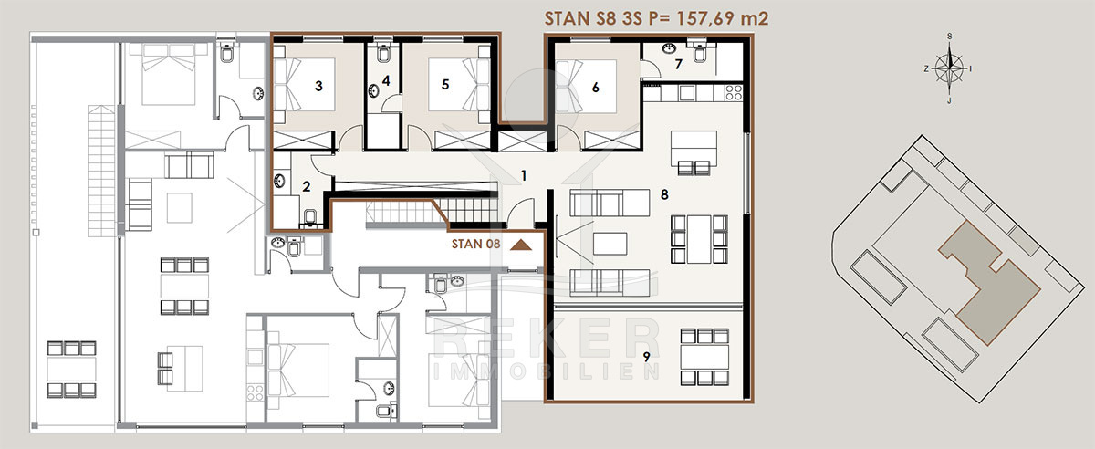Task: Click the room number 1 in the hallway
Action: click(524, 175)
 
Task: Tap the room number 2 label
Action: click(307, 186)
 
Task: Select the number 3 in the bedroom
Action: click(318, 86)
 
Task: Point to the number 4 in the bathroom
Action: click(386, 80)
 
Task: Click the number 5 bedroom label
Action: click(445, 85)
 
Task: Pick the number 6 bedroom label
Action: click(595, 88)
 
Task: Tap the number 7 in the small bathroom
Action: click(679, 64)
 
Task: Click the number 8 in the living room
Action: click(664, 194)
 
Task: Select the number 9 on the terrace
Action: click(647, 357)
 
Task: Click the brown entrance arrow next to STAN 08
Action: click(521, 245)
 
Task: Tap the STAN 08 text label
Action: click(475, 244)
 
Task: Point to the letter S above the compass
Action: click(949, 37)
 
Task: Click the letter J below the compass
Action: click(949, 101)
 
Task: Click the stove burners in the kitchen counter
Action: click(734, 92)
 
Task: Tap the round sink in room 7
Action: click(669, 48)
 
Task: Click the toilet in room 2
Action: click(310, 217)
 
